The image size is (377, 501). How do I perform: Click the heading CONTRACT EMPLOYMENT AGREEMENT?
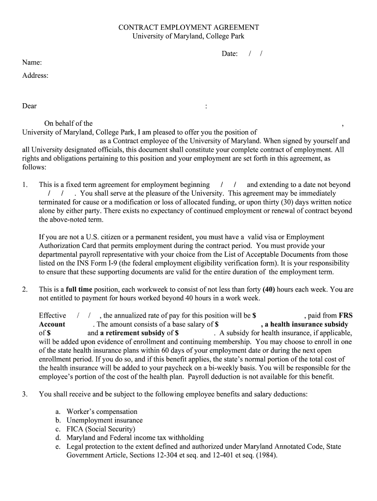click(x=188, y=27)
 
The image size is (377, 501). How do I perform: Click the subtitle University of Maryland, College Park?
click(x=188, y=36)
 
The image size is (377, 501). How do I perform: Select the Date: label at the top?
click(x=229, y=54)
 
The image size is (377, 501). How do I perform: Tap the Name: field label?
click(x=32, y=63)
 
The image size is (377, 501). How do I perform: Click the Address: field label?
click(x=35, y=75)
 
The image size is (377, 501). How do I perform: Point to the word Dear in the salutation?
click(x=29, y=106)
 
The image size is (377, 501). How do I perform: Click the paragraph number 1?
click(x=25, y=185)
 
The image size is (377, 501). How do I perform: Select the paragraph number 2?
click(x=25, y=290)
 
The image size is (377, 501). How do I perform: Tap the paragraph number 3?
click(x=25, y=394)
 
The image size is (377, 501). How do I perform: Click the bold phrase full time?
click(x=79, y=290)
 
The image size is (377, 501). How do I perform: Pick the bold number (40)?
click(x=269, y=290)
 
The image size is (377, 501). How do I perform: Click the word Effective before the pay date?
click(x=52, y=316)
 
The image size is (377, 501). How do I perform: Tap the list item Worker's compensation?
click(x=102, y=412)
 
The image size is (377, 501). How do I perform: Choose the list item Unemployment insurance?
click(x=105, y=420)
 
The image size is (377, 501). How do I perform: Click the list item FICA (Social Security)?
click(x=101, y=429)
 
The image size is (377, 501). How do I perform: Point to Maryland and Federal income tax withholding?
click(x=135, y=438)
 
